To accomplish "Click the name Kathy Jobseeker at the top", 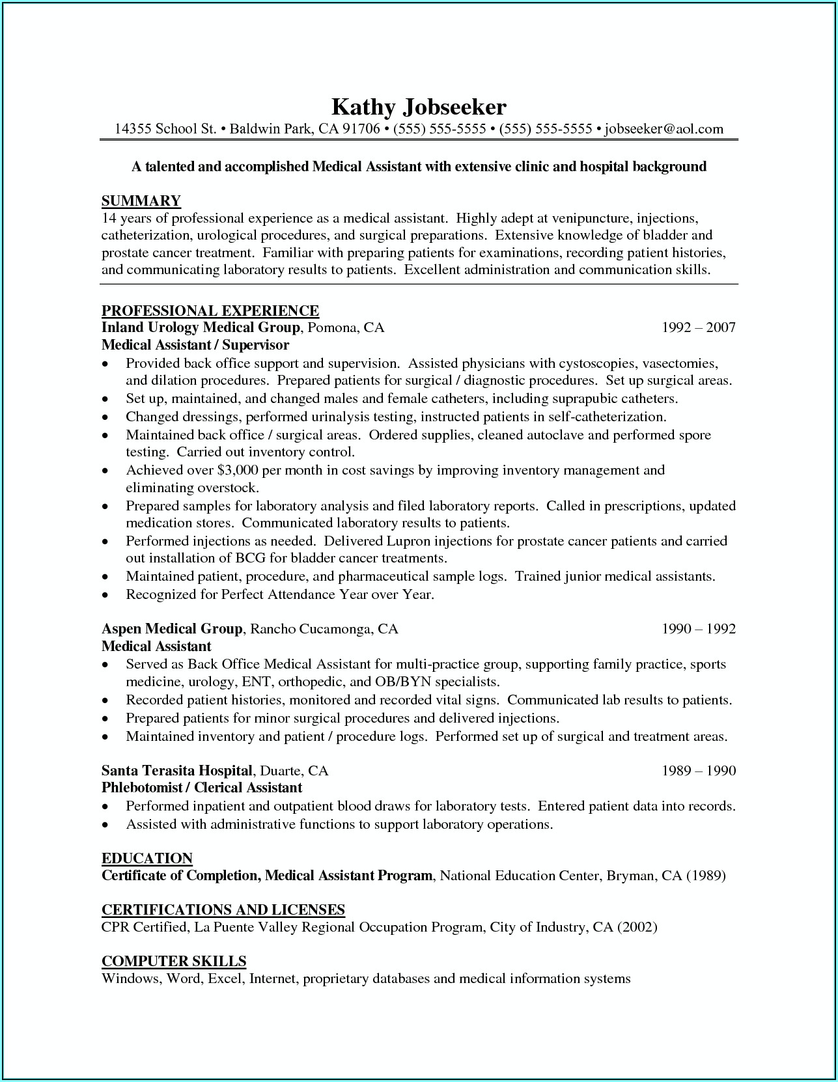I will [x=419, y=106].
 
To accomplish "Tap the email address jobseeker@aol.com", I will [x=663, y=129].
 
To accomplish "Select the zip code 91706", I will [x=361, y=129].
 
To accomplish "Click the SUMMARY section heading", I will [x=141, y=201].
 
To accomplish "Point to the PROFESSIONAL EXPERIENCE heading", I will [x=210, y=310].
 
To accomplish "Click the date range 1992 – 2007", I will [x=698, y=327].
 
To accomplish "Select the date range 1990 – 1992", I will [x=698, y=629].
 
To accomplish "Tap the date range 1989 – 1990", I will [x=698, y=771].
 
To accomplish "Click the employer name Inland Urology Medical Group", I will [x=201, y=327].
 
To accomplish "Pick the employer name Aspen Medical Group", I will [x=172, y=629].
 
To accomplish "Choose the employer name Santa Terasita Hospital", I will [x=177, y=771].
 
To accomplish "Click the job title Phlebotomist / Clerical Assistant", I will [x=202, y=788].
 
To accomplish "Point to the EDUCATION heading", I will [x=147, y=858].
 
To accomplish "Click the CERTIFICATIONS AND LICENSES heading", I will [x=223, y=909].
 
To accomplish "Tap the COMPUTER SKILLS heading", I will [x=174, y=961].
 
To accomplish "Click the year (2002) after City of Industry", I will [x=637, y=927].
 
